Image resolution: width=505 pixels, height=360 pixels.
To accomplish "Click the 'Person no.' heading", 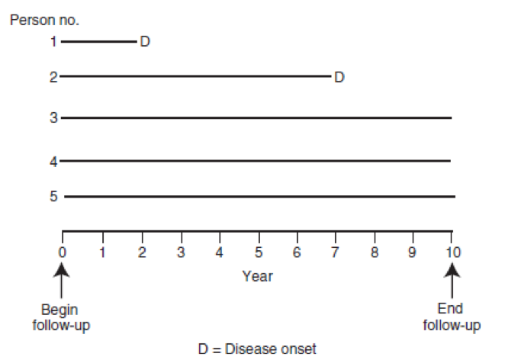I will (44, 20).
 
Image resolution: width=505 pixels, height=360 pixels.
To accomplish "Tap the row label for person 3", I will (54, 117).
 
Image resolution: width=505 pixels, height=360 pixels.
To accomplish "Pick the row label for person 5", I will (54, 196).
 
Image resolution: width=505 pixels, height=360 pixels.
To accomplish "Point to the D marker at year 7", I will (339, 76).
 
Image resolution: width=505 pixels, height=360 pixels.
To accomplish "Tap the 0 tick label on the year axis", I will (63, 251).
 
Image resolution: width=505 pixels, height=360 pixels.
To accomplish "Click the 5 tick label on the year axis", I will (259, 251).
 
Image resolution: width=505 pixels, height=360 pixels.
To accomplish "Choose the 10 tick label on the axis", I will (453, 251).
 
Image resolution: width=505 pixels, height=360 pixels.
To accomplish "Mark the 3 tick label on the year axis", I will (181, 251).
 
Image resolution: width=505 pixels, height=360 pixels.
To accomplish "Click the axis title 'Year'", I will (257, 276).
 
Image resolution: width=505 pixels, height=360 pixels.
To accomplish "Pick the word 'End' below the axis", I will (451, 310).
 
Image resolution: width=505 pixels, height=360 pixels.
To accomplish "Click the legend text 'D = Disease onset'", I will (257, 349).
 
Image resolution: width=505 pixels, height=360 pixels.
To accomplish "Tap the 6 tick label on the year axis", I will (297, 251).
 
